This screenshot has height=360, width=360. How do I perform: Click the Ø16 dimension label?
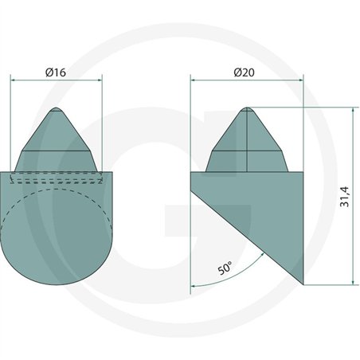click(56, 72)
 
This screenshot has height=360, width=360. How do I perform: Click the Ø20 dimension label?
click(244, 72)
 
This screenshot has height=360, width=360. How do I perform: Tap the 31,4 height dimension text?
click(345, 197)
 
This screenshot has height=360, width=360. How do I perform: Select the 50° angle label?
click(225, 268)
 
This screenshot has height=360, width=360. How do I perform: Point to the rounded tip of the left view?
click(56, 108)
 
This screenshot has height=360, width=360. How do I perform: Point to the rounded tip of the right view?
click(247, 108)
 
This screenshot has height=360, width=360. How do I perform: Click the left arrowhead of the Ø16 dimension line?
click(12, 80)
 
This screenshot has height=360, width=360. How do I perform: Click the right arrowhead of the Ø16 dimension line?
click(100, 80)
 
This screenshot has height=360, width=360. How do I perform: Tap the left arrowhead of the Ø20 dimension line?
click(193, 80)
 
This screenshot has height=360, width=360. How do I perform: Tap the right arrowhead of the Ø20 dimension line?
click(301, 80)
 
